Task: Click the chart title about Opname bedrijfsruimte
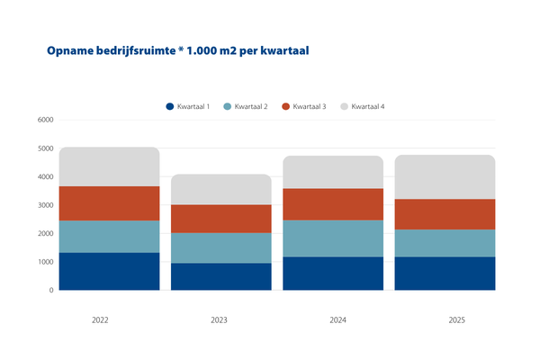click(x=178, y=51)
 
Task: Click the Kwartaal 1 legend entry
click(x=188, y=107)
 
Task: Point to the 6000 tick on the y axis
click(x=45, y=120)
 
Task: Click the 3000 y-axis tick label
click(x=45, y=205)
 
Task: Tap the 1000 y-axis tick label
click(x=45, y=262)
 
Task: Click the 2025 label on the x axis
click(x=445, y=319)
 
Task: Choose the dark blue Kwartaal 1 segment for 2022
click(x=109, y=271)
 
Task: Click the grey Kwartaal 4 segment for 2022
click(x=109, y=166)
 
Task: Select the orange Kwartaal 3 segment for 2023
click(x=221, y=219)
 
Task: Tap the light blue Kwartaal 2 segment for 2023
click(x=221, y=247)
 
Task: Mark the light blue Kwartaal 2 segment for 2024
click(x=333, y=238)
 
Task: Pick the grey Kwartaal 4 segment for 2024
click(x=333, y=172)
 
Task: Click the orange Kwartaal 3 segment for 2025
click(x=445, y=214)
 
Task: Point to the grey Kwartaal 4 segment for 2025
click(x=445, y=176)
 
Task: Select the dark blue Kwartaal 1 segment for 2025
click(x=445, y=274)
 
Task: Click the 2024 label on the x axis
click(x=333, y=319)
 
